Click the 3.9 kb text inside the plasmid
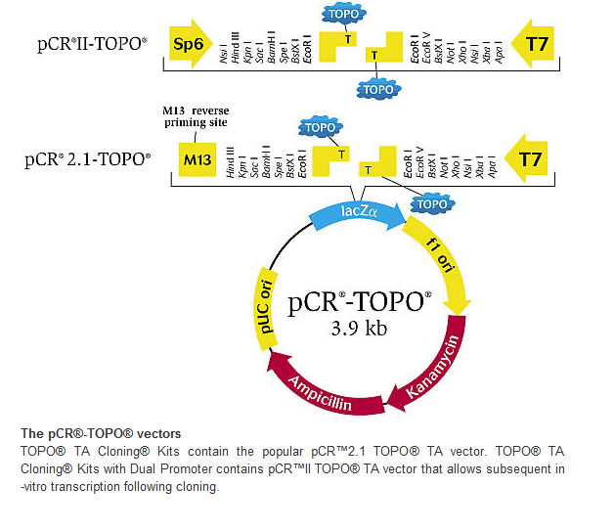click(x=360, y=329)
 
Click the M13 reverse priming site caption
click(x=201, y=117)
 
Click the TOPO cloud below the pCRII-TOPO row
click(x=378, y=89)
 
